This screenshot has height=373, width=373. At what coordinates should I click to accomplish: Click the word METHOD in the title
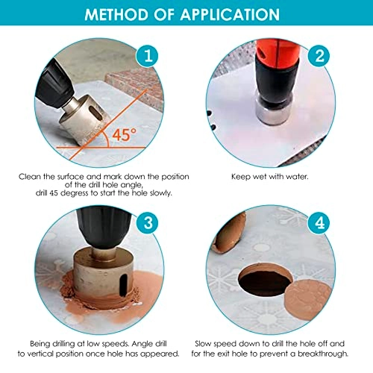(x=116, y=14)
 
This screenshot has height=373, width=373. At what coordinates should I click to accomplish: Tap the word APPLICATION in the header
(x=230, y=14)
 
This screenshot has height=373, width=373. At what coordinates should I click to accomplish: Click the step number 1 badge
(x=148, y=56)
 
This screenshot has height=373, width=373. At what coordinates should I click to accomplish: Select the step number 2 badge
(x=319, y=56)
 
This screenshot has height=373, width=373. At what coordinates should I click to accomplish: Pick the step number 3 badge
(x=148, y=222)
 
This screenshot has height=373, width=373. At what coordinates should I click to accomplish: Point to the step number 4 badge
(x=319, y=222)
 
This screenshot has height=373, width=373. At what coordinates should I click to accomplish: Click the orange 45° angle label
(x=125, y=135)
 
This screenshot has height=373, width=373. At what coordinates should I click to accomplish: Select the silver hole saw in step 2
(x=274, y=111)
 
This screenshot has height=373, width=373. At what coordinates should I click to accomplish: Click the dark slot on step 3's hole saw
(x=123, y=285)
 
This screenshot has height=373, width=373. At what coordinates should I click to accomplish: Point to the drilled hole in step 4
(x=265, y=280)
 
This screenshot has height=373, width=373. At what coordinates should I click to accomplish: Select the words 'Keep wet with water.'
(x=270, y=177)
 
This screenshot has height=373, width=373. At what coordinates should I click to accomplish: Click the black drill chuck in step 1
(x=54, y=84)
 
